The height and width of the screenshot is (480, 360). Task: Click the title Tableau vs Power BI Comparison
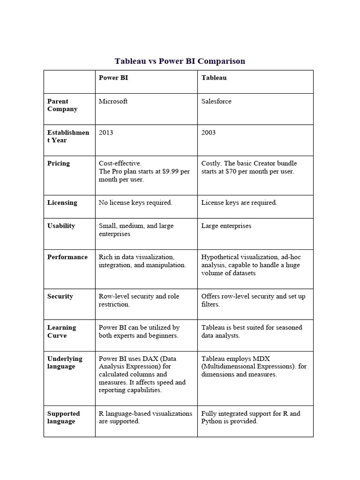(180, 61)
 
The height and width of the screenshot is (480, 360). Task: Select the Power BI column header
(113, 78)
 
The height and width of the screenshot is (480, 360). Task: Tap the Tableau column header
(214, 78)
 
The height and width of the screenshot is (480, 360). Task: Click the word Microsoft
(113, 101)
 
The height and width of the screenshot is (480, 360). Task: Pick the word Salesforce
(216, 101)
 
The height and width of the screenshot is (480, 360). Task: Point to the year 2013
(106, 133)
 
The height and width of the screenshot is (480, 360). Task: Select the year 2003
(209, 133)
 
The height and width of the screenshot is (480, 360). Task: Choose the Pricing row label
(59, 164)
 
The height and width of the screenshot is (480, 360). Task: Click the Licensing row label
(62, 202)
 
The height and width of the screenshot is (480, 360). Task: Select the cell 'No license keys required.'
(135, 202)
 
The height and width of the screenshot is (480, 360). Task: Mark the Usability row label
(61, 226)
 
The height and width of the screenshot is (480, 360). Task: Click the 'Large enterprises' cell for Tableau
(226, 226)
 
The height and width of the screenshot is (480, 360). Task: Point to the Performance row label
(67, 257)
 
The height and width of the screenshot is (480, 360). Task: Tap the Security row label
(60, 296)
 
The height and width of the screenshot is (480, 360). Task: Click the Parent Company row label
(62, 105)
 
